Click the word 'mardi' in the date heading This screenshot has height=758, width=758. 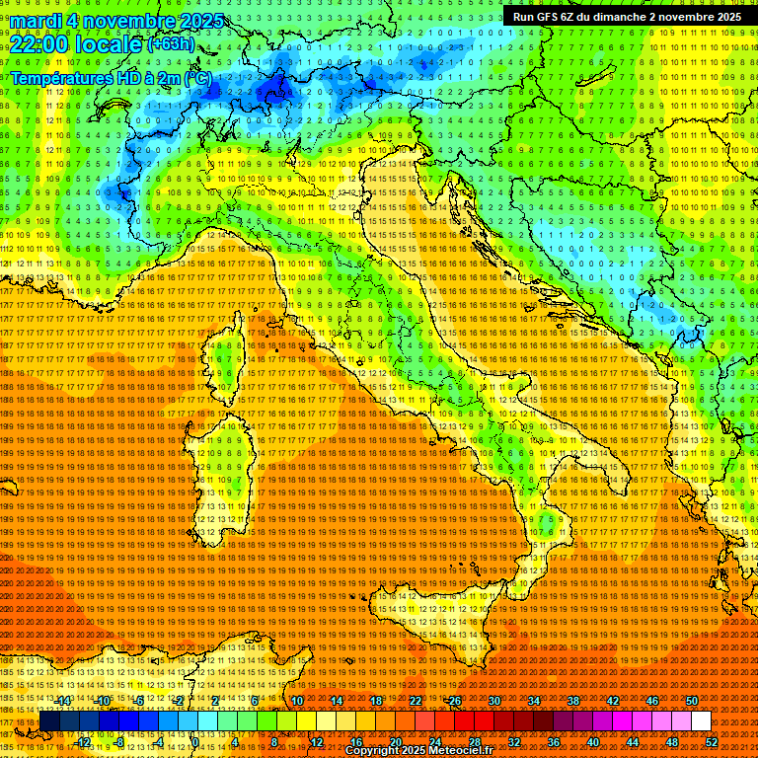34,21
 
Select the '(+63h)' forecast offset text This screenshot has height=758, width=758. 172,43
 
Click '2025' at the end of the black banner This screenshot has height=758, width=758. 725,17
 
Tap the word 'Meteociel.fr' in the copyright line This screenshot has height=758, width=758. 457,751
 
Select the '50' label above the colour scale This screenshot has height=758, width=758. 691,701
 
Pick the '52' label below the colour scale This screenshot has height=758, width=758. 711,741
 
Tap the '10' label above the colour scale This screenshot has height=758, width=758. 296,701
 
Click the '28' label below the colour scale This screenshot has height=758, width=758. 474,741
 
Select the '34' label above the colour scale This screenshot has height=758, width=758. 533,701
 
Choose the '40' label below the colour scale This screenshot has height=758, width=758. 592,741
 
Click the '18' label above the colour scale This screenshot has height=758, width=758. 375,701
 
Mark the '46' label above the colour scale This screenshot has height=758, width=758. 651,701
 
